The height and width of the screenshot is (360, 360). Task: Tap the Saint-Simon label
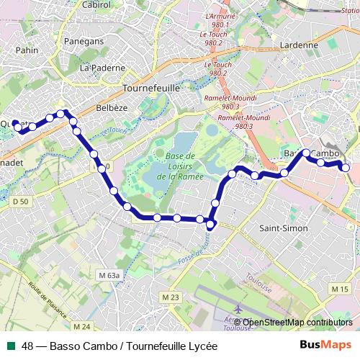283,228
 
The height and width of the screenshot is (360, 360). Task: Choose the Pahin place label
27,50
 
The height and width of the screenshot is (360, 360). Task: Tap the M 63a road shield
109,276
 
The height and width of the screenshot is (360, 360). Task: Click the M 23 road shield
170,297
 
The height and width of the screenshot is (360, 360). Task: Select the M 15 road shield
340,289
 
